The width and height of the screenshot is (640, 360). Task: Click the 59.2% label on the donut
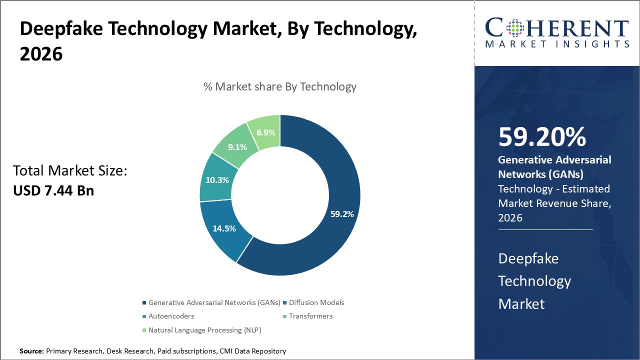click(x=342, y=214)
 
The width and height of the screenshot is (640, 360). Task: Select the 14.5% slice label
click(x=224, y=228)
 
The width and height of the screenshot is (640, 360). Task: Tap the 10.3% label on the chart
click(x=217, y=180)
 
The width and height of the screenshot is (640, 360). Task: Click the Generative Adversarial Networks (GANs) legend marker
click(x=145, y=302)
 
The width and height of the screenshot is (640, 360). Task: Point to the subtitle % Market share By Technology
click(x=280, y=86)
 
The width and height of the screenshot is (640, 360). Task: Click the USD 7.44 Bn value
click(x=53, y=190)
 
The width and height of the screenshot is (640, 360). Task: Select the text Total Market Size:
click(x=70, y=171)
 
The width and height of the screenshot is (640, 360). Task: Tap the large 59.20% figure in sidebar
click(x=542, y=137)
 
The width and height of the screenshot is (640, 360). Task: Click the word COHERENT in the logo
click(x=557, y=28)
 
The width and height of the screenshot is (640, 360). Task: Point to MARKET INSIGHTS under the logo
click(x=557, y=44)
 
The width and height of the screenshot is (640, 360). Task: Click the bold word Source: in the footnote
click(x=31, y=351)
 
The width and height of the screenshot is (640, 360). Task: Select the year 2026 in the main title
click(x=41, y=53)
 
